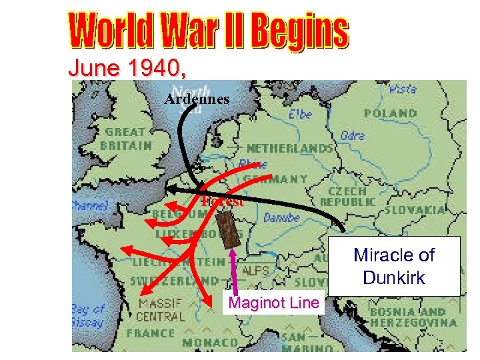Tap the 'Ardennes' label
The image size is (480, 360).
(197, 99)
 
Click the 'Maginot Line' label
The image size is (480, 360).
(274, 303)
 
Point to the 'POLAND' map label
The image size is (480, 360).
(391, 113)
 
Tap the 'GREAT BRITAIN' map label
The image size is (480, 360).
(127, 138)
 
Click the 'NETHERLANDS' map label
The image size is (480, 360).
(289, 147)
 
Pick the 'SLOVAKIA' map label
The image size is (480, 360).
(414, 209)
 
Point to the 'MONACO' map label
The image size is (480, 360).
(211, 343)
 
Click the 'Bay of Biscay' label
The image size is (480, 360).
(89, 315)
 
